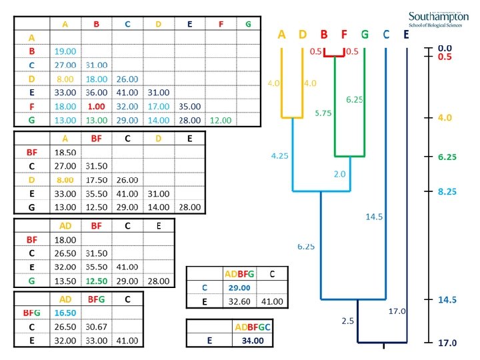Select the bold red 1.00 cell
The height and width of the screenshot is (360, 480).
click(96, 106)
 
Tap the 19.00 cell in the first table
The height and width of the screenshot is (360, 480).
click(65, 51)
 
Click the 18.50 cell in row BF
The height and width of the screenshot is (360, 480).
click(65, 153)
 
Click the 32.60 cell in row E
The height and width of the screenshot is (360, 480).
click(237, 301)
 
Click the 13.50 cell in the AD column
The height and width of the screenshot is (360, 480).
click(65, 281)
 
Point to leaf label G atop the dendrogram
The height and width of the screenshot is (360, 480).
click(365, 35)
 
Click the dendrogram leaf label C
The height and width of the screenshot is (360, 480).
click(386, 35)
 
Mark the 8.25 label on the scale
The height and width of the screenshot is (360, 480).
click(445, 191)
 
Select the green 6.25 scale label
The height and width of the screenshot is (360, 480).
click(445, 156)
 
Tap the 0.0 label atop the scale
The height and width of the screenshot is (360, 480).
click(445, 48)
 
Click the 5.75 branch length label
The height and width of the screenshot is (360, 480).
click(323, 113)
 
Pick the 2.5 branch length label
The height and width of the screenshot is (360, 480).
click(347, 321)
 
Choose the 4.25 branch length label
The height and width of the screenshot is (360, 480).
click(279, 157)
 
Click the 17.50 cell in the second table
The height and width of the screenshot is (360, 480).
click(96, 180)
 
